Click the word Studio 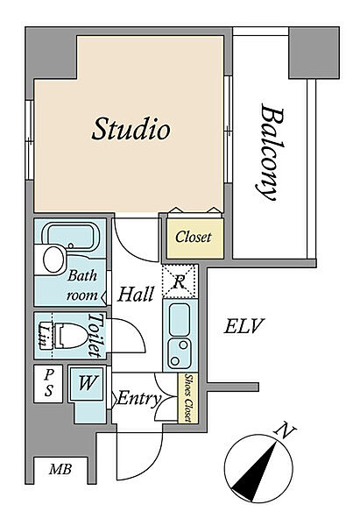pyautogui.click(x=131, y=129)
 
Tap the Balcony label pyautogui.click(x=272, y=153)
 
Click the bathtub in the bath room pyautogui.click(x=70, y=237)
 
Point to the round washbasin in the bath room pyautogui.click(x=53, y=259)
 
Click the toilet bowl pyautogui.click(x=70, y=336)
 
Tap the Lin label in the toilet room pyautogui.click(x=44, y=335)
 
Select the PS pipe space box pyautogui.click(x=48, y=384)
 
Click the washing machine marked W pyautogui.click(x=87, y=383)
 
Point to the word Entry pyautogui.click(x=139, y=399)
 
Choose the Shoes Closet pyautogui.click(x=188, y=398)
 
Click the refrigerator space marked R pyautogui.click(x=180, y=281)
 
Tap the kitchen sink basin pyautogui.click(x=180, y=319)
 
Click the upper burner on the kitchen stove pyautogui.click(x=183, y=345)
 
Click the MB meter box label pyautogui.click(x=60, y=469)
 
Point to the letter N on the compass pyautogui.click(x=285, y=431)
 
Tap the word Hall pyautogui.click(x=136, y=295)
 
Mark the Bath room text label pyautogui.click(x=82, y=286)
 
